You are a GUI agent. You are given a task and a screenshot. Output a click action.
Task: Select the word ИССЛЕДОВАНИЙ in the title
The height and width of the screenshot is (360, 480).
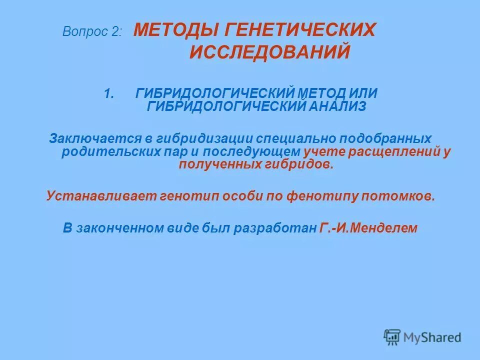click(269, 52)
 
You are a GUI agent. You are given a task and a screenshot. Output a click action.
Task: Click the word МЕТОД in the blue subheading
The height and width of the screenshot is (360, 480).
click(325, 93)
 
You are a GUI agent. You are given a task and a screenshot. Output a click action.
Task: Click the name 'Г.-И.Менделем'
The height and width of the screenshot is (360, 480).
click(367, 228)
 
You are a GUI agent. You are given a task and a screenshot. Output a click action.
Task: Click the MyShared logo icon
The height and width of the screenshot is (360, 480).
click(392, 337)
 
